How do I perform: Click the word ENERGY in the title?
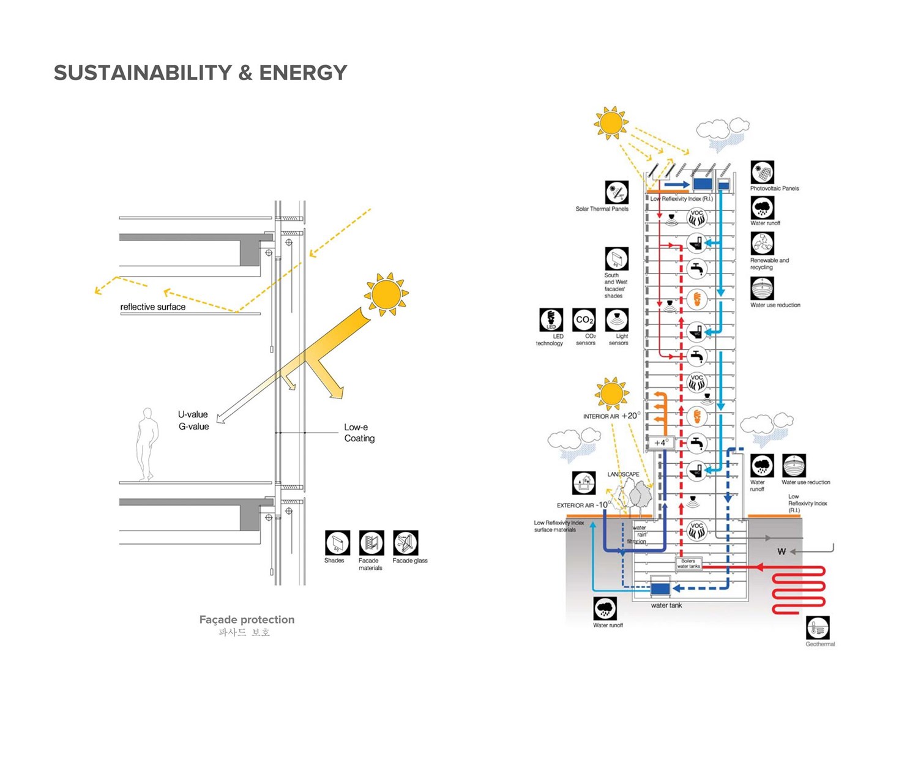point(303,73)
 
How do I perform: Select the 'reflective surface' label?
point(152,307)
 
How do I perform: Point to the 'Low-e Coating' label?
point(359,433)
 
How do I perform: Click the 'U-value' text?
point(193,414)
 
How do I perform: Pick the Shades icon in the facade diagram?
point(337,543)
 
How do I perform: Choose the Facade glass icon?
point(405,543)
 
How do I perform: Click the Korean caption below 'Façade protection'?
point(244,632)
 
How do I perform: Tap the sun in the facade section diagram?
point(386,294)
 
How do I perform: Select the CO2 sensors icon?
point(584,320)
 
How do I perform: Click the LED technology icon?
point(551,320)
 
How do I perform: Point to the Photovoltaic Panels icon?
point(762,173)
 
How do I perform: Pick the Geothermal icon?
point(818,628)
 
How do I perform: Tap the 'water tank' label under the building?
point(666,605)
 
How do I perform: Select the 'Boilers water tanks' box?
point(688,564)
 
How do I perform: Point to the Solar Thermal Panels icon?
point(617,193)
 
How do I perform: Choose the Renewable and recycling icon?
point(762,244)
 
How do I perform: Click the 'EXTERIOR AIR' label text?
point(575,506)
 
